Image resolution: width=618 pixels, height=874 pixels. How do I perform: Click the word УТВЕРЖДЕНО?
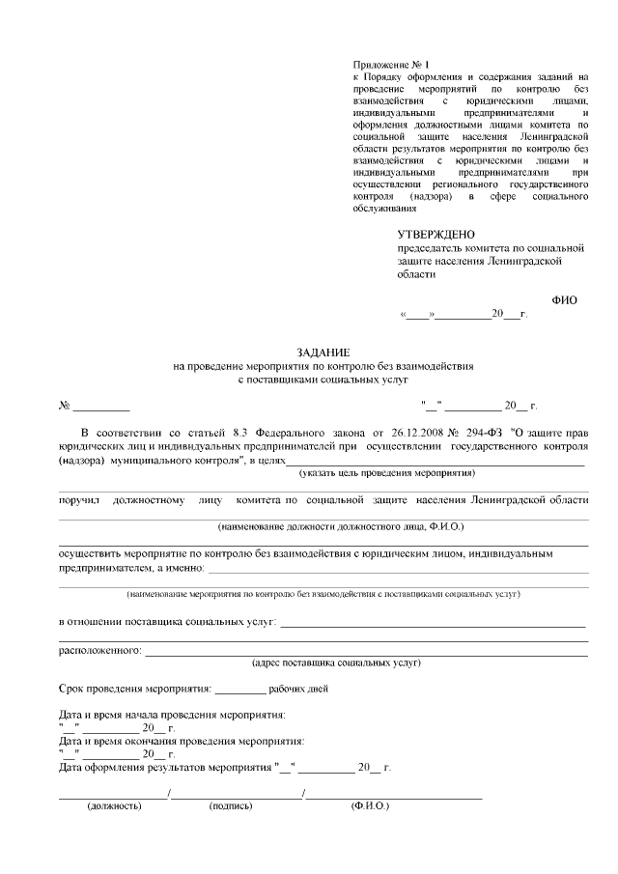coord(436,234)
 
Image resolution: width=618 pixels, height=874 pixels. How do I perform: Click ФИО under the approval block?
coord(565,299)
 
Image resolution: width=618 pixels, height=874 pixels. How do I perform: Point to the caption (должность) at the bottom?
coord(114,804)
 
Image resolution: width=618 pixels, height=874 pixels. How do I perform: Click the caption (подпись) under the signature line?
coord(230,804)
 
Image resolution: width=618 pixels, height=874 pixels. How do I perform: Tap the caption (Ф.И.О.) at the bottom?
coord(370,804)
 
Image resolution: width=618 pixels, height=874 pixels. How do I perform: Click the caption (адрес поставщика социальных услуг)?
coord(335,663)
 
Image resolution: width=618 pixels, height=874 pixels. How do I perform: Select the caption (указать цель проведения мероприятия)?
coord(386,473)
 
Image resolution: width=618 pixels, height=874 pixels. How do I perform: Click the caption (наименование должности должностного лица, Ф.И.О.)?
coord(341,527)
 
